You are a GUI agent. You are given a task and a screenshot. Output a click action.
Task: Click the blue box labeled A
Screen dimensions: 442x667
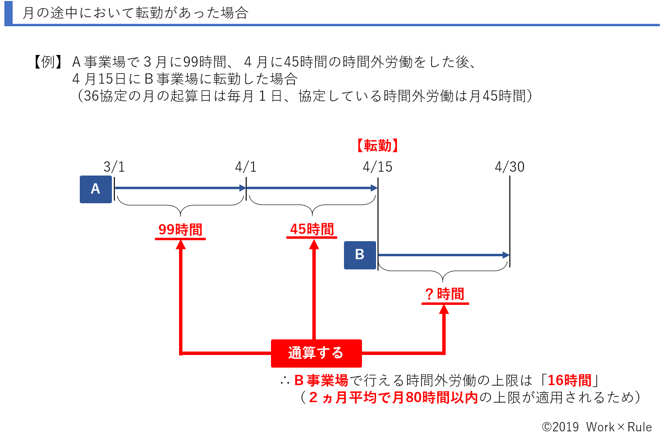click(x=96, y=189)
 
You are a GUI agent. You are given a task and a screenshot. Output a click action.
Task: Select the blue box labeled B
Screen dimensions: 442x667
click(x=360, y=255)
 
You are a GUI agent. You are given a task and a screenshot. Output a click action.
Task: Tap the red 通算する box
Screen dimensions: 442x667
click(x=316, y=353)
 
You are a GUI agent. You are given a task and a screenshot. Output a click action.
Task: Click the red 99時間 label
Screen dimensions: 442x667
click(x=180, y=229)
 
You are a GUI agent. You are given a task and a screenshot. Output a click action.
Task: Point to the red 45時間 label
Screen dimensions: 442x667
click(x=312, y=229)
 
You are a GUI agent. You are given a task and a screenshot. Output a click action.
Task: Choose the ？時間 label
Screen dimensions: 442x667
click(x=445, y=294)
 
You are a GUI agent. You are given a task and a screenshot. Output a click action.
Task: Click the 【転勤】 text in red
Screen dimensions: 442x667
click(x=377, y=145)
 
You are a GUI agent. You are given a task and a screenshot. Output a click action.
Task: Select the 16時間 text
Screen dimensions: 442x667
click(x=569, y=380)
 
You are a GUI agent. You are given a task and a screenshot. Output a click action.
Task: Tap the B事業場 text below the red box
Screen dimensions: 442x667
click(x=321, y=380)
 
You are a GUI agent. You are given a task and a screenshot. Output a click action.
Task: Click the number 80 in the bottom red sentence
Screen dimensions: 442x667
click(x=414, y=398)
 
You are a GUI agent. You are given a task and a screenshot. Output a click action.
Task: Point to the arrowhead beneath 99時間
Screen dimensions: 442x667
click(x=180, y=245)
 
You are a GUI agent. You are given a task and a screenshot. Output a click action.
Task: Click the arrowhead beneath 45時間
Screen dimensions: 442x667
click(x=314, y=245)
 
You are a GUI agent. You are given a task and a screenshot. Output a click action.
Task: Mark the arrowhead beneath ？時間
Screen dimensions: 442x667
click(x=444, y=310)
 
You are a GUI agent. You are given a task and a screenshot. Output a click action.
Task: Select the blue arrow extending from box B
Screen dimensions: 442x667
click(x=443, y=255)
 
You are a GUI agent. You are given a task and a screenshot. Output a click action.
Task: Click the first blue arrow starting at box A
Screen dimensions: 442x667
click(x=180, y=188)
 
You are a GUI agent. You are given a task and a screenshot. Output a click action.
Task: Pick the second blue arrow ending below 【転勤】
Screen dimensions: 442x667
click(x=311, y=188)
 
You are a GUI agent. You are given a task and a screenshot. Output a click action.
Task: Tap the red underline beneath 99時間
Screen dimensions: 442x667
click(x=180, y=239)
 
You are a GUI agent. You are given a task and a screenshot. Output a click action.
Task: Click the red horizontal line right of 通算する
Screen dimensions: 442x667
click(x=401, y=353)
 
